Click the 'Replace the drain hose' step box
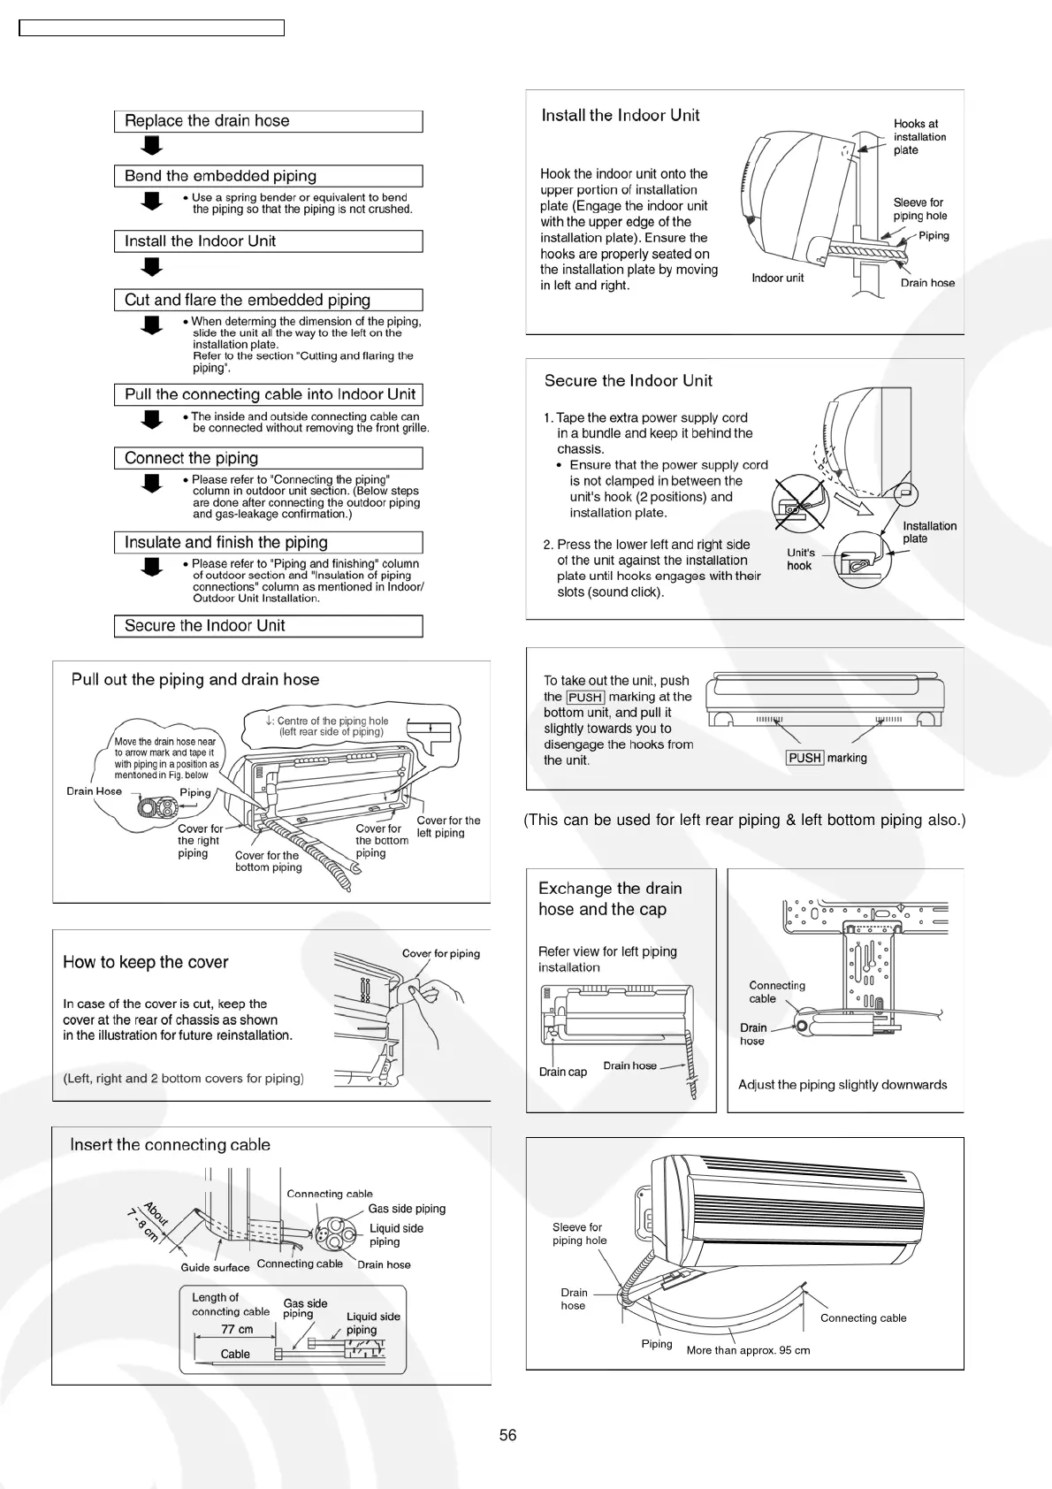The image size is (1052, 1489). click(268, 121)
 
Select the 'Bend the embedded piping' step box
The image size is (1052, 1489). click(268, 176)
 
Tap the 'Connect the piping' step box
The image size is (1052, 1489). click(268, 458)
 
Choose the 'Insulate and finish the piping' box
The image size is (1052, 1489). click(268, 542)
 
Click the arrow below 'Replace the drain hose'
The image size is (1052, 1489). click(152, 145)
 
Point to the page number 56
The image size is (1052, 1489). click(507, 1435)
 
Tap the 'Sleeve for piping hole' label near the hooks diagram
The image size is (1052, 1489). click(919, 209)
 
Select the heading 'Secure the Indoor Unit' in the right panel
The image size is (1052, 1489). click(628, 381)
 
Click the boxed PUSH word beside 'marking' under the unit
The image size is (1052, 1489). click(804, 758)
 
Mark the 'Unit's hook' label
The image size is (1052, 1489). click(800, 559)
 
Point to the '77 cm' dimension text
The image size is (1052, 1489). click(237, 1329)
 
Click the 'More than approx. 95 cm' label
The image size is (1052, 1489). click(748, 1350)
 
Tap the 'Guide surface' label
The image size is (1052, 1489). click(215, 1267)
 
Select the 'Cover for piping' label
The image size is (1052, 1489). click(440, 953)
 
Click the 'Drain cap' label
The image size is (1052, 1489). click(562, 1072)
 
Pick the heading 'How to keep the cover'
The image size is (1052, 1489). click(146, 962)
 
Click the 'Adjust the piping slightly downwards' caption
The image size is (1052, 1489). click(842, 1085)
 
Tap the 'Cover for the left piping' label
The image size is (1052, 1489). click(448, 827)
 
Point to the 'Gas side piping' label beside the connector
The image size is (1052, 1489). click(407, 1209)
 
